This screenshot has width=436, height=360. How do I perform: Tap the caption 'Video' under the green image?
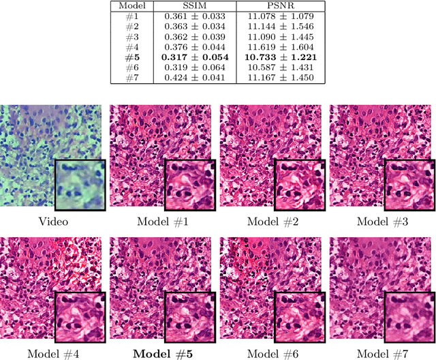click(54, 221)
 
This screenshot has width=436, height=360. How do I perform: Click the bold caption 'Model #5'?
click(163, 353)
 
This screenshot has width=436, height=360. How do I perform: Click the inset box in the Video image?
click(80, 185)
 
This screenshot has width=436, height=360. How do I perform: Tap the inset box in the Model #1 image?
click(189, 185)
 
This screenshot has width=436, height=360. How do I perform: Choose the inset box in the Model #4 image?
click(80, 317)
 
